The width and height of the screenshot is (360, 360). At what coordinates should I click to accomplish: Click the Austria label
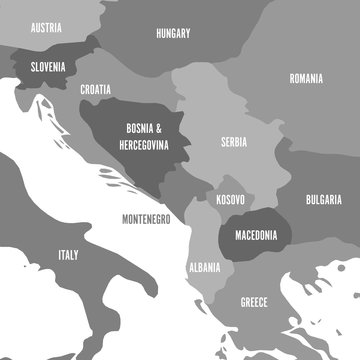(x=47, y=28)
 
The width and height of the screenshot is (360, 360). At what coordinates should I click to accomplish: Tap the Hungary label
(x=173, y=33)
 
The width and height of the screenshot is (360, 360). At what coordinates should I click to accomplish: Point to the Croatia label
(x=95, y=89)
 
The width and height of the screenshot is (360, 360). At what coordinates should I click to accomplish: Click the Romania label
(x=306, y=77)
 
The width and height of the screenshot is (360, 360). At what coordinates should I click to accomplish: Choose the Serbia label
(x=233, y=142)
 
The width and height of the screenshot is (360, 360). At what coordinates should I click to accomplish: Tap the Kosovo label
(x=229, y=200)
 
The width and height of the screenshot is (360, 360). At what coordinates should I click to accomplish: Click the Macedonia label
(x=255, y=236)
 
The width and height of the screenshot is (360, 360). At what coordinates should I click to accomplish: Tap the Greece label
(x=254, y=301)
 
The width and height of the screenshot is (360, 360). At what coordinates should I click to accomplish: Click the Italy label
(x=68, y=255)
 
